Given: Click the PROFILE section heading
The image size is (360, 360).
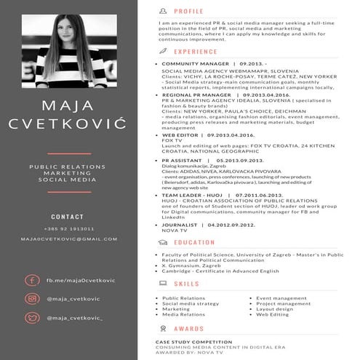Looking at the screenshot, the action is click(x=189, y=12).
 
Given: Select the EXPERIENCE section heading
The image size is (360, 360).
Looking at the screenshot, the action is click(x=196, y=52).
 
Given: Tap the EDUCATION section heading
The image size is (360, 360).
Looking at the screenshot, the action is click(x=194, y=242).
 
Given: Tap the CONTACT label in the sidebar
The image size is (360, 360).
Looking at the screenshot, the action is click(x=68, y=217).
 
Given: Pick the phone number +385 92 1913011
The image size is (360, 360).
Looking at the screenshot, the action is click(x=68, y=229).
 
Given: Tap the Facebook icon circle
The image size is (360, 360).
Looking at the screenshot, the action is click(x=31, y=280).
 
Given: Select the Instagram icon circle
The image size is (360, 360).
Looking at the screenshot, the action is click(x=31, y=299).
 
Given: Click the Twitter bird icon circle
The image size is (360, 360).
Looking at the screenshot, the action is click(x=31, y=318).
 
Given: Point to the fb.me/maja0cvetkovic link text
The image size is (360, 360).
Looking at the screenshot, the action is click(x=81, y=280).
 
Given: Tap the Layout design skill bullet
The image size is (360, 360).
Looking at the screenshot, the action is click(x=275, y=308).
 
